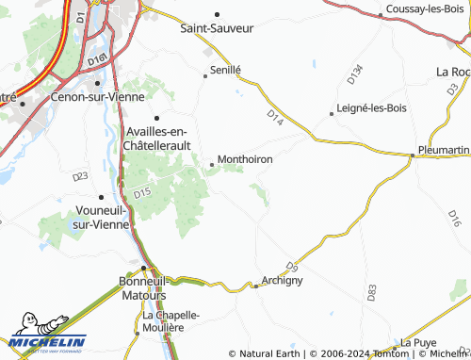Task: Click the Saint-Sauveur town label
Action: (x=218, y=28)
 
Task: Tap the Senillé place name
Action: (x=226, y=70)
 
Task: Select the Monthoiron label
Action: (x=245, y=160)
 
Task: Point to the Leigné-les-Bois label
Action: (x=369, y=112)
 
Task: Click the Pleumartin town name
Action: (x=443, y=151)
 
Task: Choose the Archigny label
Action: (x=282, y=281)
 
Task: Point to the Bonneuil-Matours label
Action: (x=143, y=287)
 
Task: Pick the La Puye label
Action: (x=418, y=342)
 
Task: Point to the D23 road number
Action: (x=79, y=176)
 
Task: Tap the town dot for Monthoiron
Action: (x=212, y=165)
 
